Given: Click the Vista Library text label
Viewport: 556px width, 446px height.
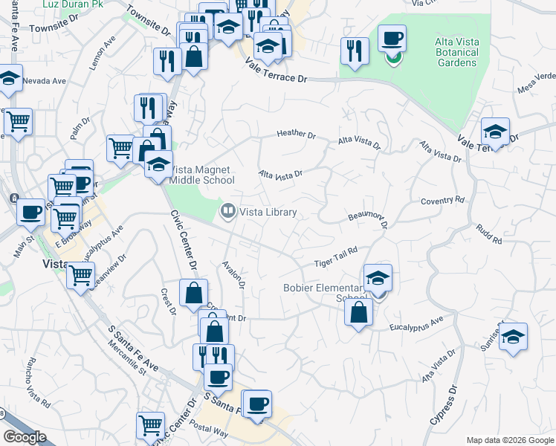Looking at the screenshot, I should [x=268, y=213].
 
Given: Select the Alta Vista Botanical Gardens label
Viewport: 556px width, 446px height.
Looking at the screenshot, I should [x=456, y=52].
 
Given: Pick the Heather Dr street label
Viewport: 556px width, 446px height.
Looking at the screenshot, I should [x=296, y=134].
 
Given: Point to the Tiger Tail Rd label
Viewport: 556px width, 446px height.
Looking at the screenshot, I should [x=336, y=258].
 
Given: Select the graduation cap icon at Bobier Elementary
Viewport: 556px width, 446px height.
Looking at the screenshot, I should [x=378, y=278].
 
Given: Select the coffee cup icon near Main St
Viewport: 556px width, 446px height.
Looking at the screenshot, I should [x=31, y=213].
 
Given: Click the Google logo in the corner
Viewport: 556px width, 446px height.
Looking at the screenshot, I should [x=25, y=437].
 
